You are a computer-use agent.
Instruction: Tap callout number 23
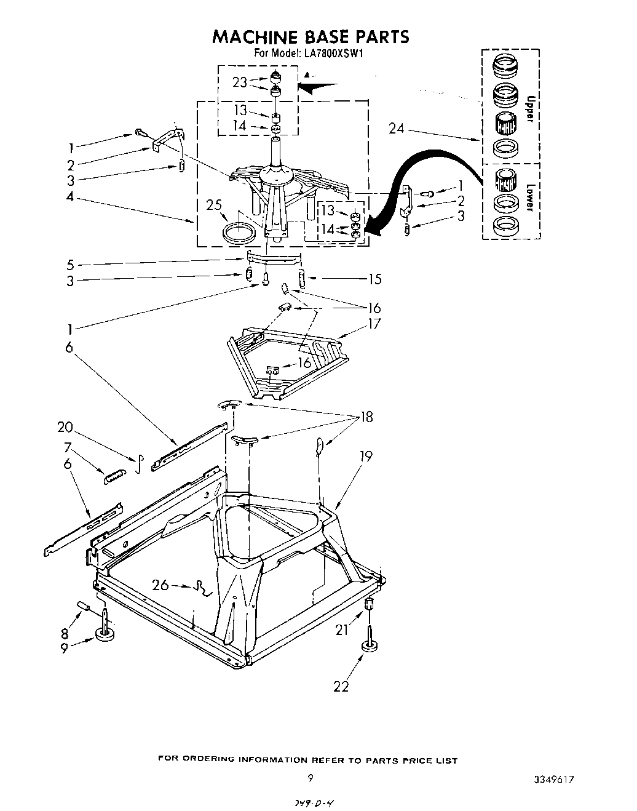240,82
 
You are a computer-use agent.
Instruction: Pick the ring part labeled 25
239,234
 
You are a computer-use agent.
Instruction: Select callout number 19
366,456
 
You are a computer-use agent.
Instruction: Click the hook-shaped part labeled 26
202,589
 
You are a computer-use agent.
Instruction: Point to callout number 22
341,686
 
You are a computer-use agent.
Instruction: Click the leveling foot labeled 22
369,644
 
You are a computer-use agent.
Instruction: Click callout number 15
374,279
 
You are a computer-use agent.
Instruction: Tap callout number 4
71,197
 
